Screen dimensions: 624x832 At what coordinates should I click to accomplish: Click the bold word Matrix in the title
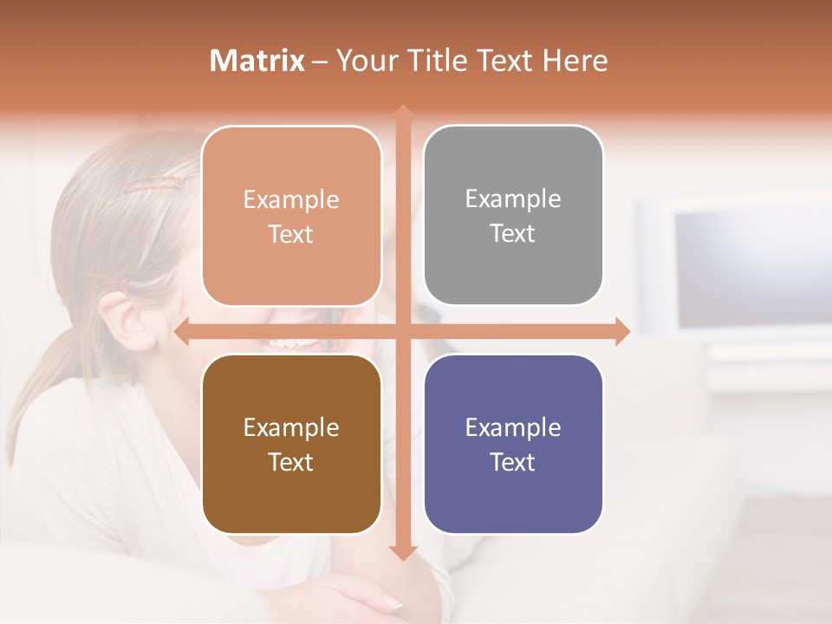coord(257,61)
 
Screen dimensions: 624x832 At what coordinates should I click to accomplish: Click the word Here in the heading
coord(575,61)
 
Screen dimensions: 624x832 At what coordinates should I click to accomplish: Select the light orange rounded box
coord(291,216)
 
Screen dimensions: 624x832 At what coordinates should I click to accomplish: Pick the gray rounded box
coord(513,215)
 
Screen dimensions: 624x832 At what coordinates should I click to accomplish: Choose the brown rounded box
coord(291,444)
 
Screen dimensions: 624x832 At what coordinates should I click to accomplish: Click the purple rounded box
coord(513,444)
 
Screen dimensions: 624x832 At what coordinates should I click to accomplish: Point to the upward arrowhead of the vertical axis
coord(403,111)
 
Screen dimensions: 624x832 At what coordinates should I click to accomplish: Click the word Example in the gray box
coord(513,198)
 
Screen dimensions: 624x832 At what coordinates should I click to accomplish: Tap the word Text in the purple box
coord(513,462)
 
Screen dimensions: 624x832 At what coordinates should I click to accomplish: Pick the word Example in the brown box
coord(291,427)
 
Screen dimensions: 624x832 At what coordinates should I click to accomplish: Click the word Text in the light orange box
coord(291,234)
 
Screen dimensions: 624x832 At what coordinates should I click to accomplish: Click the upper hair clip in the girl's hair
coord(153,183)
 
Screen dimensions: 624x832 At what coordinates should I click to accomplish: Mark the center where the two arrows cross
coord(403,332)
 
